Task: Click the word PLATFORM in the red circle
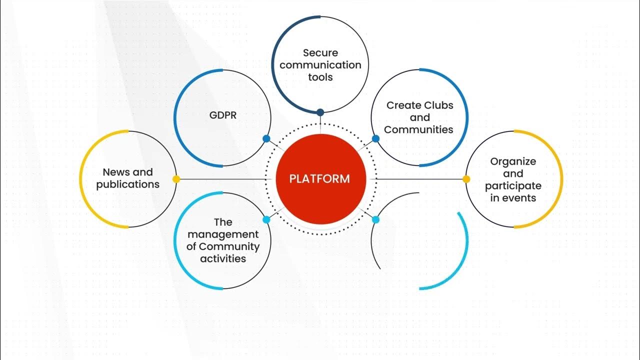[x=319, y=179]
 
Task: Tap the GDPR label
[x=222, y=115]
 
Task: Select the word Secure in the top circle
[x=320, y=52]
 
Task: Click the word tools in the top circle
[x=320, y=77]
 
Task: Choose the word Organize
[x=513, y=161]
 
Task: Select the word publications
[x=128, y=184]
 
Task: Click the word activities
[x=223, y=258]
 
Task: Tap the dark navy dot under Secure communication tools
[x=320, y=112]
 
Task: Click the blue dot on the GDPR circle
[x=266, y=139]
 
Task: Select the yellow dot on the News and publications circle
[x=176, y=179]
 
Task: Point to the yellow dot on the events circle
[x=466, y=179]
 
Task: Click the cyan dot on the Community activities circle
[x=266, y=219]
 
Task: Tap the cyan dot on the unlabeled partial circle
[x=375, y=219]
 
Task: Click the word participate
[x=513, y=186]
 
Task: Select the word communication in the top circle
[x=320, y=65]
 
